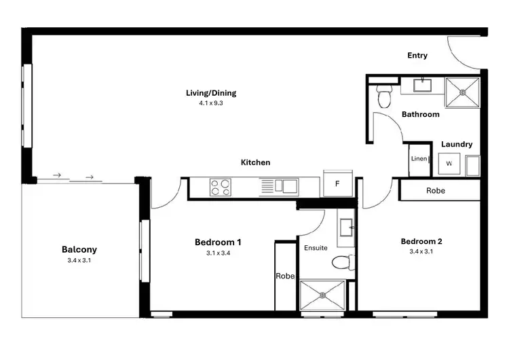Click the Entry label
tap(417, 56)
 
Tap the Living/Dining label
tap(211, 93)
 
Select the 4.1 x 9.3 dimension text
tap(211, 103)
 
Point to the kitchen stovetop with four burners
tap(220, 186)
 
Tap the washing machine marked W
tap(449, 164)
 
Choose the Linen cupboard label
tap(418, 159)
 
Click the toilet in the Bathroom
tap(385, 96)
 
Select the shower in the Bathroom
tap(463, 92)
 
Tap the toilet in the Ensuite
tap(343, 262)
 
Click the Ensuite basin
tap(345, 226)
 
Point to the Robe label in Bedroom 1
tap(284, 276)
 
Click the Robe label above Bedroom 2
tap(436, 191)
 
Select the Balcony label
tap(78, 249)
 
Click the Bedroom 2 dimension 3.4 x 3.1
tap(421, 252)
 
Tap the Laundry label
tap(456, 144)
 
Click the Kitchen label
tap(255, 162)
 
